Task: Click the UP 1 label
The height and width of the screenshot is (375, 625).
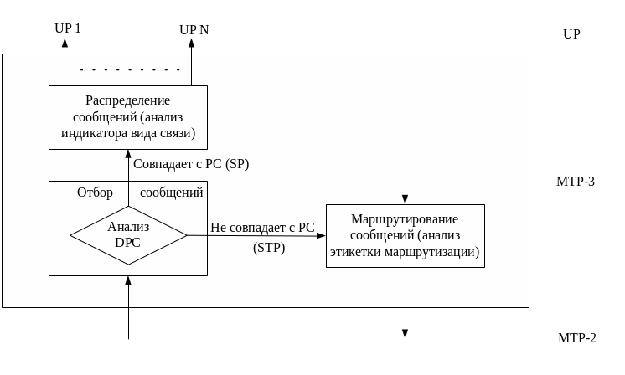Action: [x=68, y=28]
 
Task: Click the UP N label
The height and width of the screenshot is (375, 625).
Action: [x=194, y=30]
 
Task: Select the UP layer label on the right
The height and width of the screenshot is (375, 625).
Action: [x=572, y=34]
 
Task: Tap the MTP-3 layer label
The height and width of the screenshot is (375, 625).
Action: [x=576, y=181]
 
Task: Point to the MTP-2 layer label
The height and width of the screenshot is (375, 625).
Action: [x=576, y=338]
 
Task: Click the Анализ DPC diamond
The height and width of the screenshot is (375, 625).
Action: [x=128, y=235]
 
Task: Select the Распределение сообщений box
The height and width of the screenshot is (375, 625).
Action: [x=128, y=117]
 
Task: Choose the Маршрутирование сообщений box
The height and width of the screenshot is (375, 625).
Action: [x=405, y=235]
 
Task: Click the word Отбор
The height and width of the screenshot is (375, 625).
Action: [x=95, y=193]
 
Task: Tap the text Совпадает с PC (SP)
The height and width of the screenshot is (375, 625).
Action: [x=191, y=164]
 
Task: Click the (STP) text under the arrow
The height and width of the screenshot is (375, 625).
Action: [x=269, y=248]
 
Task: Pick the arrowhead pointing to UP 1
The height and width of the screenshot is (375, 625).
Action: [x=65, y=43]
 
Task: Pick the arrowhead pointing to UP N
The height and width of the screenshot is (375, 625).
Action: [x=191, y=43]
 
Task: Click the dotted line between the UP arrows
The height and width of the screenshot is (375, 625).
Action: [x=130, y=70]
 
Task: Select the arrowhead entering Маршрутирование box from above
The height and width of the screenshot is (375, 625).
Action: [x=405, y=199]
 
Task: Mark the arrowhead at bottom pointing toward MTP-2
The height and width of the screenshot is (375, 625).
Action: [x=405, y=332]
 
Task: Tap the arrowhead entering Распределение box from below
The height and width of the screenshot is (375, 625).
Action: [x=128, y=155]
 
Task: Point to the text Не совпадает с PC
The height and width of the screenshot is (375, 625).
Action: [x=262, y=227]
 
